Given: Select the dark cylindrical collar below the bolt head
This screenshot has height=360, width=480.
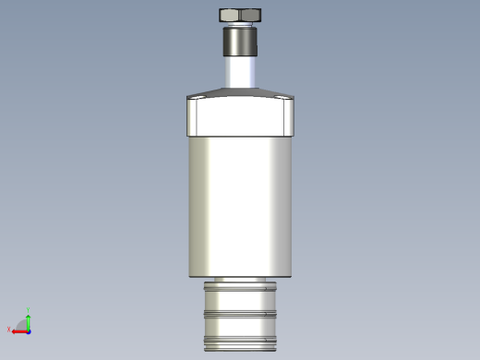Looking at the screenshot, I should point(241,42).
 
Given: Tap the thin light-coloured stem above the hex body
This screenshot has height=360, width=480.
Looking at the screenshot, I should point(241,72).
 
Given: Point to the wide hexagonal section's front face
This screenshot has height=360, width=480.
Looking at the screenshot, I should point(241,116).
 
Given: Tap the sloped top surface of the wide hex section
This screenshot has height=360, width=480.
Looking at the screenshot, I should point(241,92).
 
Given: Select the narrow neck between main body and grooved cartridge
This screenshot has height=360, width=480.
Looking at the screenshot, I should point(241,280).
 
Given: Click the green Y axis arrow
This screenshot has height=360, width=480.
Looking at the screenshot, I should point(29,320).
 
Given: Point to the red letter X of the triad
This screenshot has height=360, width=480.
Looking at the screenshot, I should point(9,330).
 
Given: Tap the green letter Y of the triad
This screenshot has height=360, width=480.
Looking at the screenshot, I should point(29,310).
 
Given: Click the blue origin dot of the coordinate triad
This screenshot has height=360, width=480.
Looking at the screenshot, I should point(29,330).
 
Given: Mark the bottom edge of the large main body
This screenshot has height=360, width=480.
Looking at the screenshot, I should point(241,276).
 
